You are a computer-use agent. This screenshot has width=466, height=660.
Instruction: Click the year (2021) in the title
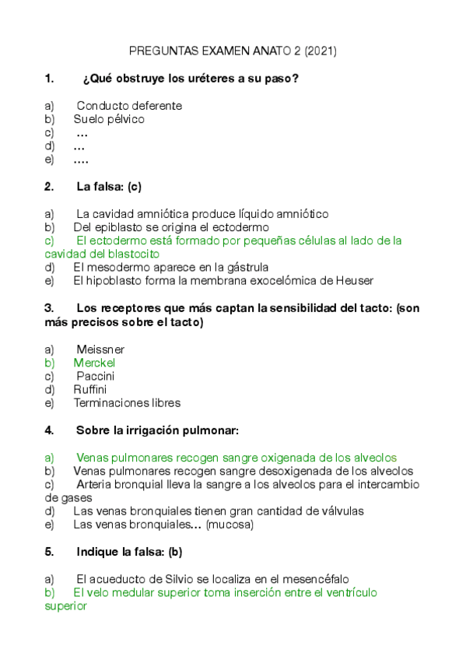coord(321,51)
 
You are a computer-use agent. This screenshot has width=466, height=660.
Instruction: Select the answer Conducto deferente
coord(129,105)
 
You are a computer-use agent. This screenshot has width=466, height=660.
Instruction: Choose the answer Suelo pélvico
coord(109,119)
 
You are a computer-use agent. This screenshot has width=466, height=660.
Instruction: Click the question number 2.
coord(49,187)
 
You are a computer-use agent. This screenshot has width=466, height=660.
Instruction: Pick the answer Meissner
coord(100,349)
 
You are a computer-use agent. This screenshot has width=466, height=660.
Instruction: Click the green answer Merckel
coord(94,363)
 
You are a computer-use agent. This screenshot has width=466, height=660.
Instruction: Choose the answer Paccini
coord(96,376)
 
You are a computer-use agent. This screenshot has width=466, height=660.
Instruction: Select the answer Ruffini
coord(90,389)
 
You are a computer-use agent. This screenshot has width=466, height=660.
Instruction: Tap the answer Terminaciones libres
coord(127,403)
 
